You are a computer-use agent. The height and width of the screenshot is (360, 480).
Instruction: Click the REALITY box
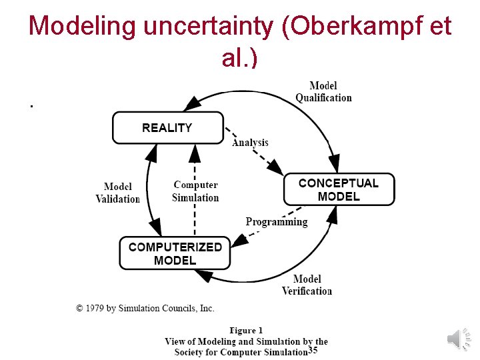167,127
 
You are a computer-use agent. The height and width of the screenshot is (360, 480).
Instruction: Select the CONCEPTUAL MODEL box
339,189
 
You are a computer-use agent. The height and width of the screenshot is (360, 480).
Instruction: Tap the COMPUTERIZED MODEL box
175,253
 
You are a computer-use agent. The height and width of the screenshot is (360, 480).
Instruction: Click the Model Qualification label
323,91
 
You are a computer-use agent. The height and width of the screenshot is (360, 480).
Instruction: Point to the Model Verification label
307,285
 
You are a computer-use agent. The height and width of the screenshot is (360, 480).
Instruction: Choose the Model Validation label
118,193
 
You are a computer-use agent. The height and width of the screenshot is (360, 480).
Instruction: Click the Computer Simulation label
195,191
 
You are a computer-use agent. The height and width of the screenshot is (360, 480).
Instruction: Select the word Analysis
250,142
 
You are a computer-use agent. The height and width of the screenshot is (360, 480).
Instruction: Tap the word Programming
277,222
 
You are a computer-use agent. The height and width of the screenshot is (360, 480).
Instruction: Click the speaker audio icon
458,339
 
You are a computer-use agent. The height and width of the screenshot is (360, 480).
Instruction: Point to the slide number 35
313,351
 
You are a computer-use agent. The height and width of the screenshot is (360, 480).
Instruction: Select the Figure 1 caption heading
246,330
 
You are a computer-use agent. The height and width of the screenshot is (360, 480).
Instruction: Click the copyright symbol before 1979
80,308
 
